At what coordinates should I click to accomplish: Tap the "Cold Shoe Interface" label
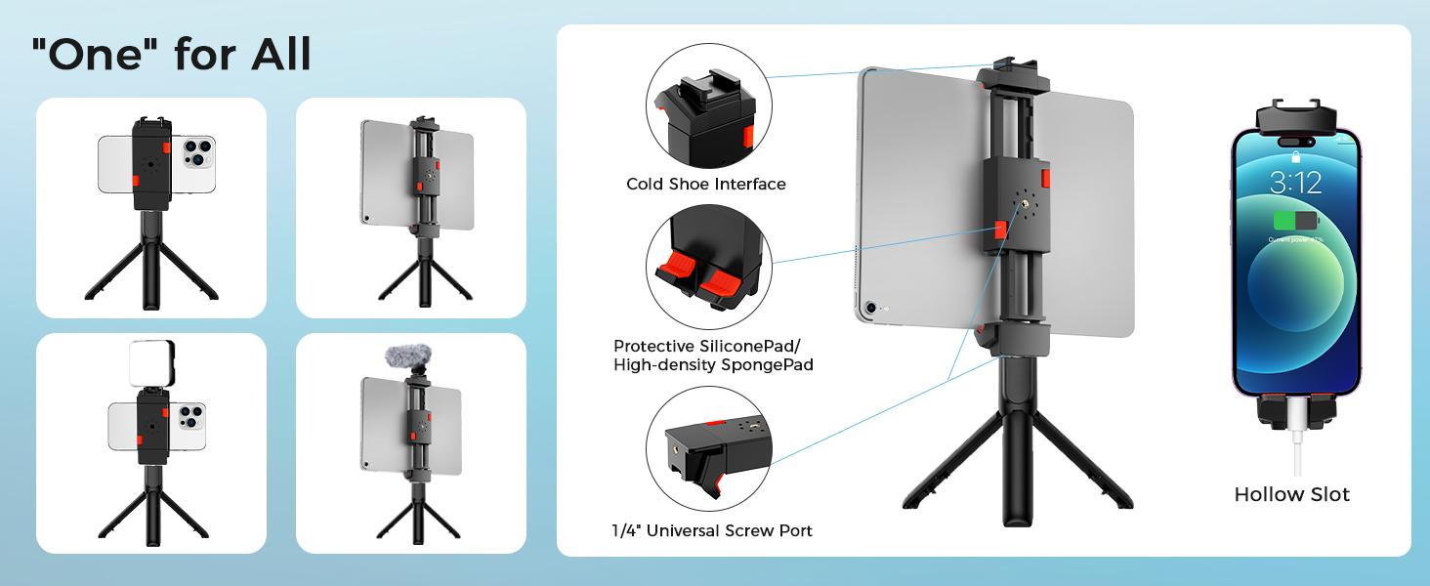point(705,184)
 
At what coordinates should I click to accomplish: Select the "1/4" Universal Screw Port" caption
point(711,531)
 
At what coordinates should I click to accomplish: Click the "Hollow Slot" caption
point(1291,494)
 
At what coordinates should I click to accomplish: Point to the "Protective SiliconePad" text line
point(711,346)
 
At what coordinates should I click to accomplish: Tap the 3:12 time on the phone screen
point(1295,182)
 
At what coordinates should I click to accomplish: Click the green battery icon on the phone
point(1294,221)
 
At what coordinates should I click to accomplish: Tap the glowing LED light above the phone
point(151,363)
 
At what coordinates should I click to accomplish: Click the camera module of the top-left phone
point(197,151)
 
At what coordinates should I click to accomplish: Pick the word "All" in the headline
point(280,56)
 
